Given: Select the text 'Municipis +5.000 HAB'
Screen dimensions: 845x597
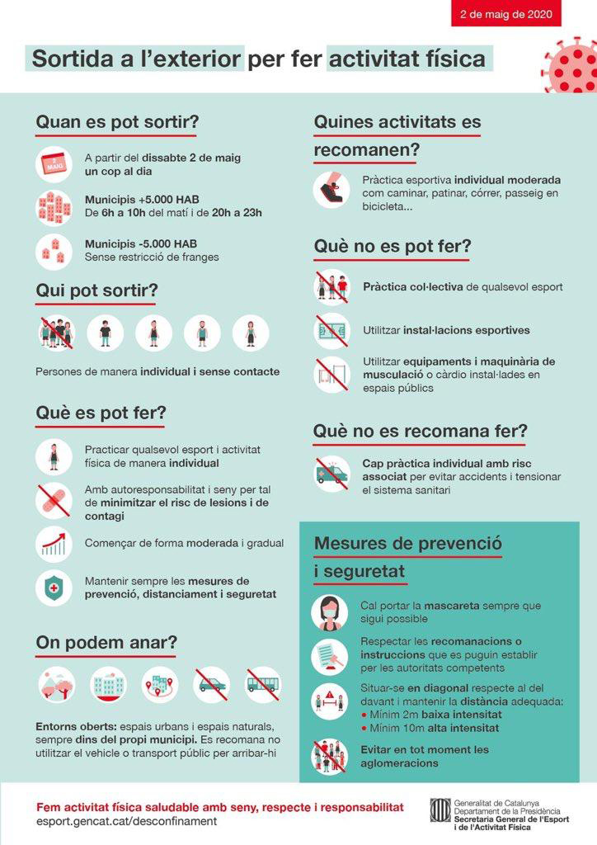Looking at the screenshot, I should pos(141,200).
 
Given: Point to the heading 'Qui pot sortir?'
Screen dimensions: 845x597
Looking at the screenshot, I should pos(96,291).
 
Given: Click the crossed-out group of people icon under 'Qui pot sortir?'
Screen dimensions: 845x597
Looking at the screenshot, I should pos(57,333).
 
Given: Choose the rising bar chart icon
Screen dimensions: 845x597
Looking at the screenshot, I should pos(54,544).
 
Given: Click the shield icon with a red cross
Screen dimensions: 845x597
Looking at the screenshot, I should pos(54,588).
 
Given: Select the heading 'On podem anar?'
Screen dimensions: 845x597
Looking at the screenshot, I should pos(106,642).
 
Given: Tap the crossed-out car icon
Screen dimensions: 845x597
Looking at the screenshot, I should pos(212,685).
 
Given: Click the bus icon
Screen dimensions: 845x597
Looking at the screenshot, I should pos(262,685).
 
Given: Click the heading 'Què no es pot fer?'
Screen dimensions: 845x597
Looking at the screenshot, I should pos(392,247).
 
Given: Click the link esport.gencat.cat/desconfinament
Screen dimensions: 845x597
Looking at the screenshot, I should pos(128,822).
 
